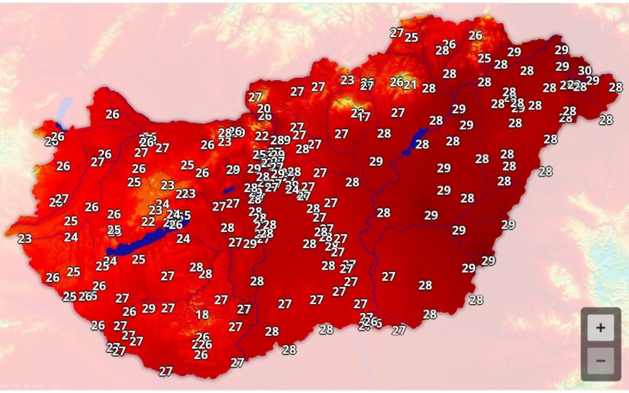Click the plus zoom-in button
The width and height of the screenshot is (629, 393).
tap(600, 328)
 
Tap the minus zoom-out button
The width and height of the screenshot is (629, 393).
tap(600, 360)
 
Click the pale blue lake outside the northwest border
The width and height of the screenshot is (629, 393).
tap(63, 111)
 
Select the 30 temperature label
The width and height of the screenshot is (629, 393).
tap(585, 71)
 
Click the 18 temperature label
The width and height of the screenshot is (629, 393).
tap(202, 315)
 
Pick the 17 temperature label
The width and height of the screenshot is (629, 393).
tap(364, 116)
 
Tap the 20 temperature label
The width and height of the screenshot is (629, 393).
tap(264, 109)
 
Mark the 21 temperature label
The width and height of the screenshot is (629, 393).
tap(410, 85)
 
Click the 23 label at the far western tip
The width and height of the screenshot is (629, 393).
tap(25, 238)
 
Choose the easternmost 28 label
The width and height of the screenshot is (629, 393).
tap(615, 87)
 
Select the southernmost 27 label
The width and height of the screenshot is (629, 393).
tap(166, 371)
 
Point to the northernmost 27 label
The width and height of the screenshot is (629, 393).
tap(397, 33)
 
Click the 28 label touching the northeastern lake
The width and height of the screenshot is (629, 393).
tap(422, 145)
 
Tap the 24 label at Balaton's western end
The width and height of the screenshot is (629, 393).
tap(110, 261)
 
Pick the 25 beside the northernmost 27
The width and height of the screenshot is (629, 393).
tap(411, 37)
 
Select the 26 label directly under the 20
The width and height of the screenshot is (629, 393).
tap(265, 116)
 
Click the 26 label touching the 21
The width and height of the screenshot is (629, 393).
tap(397, 82)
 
